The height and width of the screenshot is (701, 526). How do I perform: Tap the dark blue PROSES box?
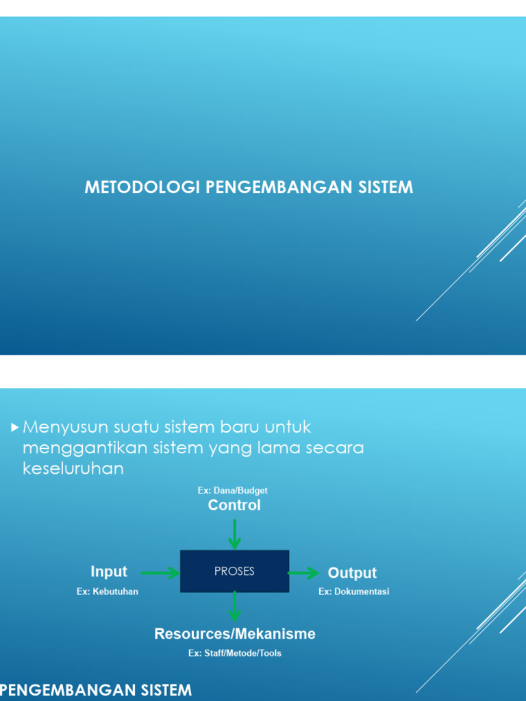coord(234,571)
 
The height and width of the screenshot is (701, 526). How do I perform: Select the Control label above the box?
coord(234,505)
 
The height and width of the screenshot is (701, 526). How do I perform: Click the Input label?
coord(109,572)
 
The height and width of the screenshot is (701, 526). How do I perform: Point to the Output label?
coord(352,573)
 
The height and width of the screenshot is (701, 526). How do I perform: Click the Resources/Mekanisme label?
coord(235,634)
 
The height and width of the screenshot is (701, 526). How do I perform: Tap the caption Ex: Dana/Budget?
coord(233,490)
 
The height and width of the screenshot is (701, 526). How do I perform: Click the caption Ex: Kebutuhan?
coord(108,591)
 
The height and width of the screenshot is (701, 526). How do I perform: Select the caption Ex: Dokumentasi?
coord(353,591)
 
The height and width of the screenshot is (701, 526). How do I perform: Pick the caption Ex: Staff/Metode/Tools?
coord(235,653)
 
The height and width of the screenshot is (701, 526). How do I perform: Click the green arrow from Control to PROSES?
coord(234,534)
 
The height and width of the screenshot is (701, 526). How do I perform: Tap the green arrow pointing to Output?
coord(303,572)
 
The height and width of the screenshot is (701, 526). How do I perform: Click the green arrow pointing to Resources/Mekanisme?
coord(234,607)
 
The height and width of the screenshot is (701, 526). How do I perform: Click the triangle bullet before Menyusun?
coord(15,428)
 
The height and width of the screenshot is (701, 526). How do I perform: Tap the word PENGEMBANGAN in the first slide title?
coord(274,187)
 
